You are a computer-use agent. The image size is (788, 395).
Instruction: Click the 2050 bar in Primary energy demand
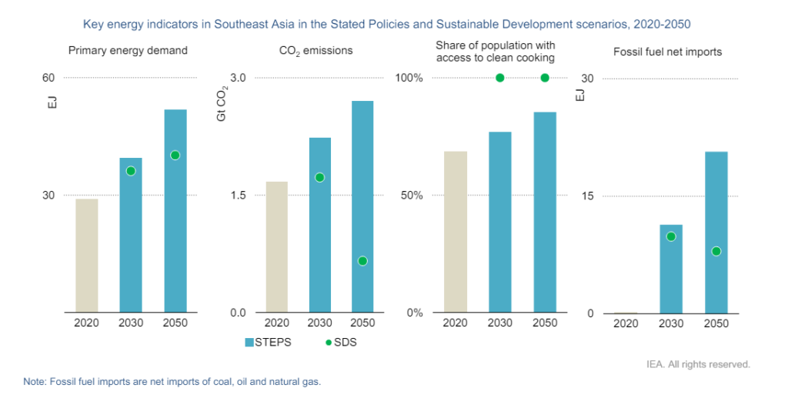(175, 211)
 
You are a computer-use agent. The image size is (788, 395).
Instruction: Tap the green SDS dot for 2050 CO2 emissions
(362, 261)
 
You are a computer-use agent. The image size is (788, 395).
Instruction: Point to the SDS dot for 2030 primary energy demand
(131, 171)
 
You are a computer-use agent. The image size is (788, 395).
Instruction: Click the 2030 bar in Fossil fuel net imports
(671, 269)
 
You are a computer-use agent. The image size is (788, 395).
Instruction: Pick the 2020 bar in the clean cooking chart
(456, 232)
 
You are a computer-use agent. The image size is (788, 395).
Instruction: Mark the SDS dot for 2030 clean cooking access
(500, 78)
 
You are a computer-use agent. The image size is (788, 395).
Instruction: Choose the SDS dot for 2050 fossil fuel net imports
(716, 251)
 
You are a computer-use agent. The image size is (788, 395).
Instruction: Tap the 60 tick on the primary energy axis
(48, 78)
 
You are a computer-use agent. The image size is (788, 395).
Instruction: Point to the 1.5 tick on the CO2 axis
(237, 196)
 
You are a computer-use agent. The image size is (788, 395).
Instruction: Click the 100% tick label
(409, 78)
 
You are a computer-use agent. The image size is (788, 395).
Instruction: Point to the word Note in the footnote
(35, 381)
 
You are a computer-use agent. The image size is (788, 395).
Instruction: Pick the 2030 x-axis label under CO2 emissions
(320, 323)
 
